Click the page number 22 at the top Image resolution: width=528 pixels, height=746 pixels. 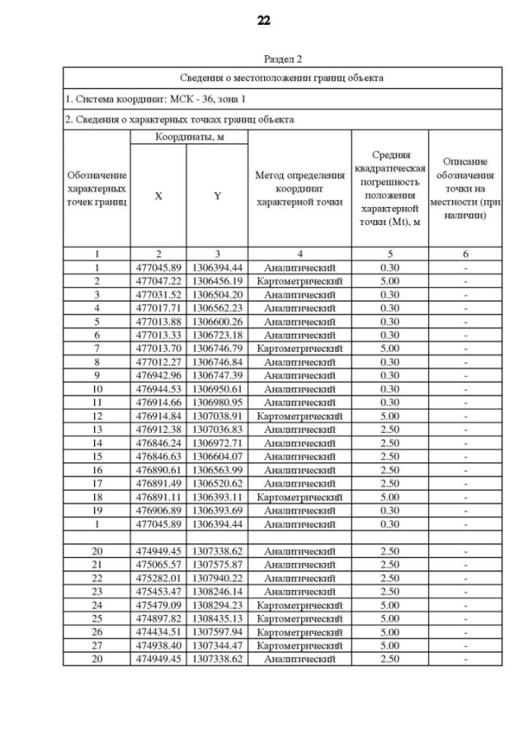coord(264,21)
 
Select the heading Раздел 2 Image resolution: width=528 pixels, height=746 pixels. coord(283,59)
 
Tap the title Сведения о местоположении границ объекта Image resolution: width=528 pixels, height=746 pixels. coord(282,78)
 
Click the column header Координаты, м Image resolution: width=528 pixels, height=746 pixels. coord(189,137)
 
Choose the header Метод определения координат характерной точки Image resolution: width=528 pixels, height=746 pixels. coord(299,188)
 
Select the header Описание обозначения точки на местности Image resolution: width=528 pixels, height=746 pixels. coord(465,188)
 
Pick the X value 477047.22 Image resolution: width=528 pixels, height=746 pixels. coord(158,281)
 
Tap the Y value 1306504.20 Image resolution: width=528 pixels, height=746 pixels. coord(217,294)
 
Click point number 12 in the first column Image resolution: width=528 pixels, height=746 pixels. coord(97,416)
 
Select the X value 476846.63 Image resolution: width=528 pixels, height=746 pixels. coord(158,457)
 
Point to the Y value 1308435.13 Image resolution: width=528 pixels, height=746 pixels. coord(217,618)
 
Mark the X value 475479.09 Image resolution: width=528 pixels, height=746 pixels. coord(158,605)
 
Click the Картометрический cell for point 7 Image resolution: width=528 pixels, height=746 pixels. coord(299,349)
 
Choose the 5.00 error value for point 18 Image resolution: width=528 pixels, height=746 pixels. coord(389,497)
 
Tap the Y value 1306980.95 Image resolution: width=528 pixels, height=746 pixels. coord(217,402)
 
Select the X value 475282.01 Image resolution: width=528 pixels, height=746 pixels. coord(158,578)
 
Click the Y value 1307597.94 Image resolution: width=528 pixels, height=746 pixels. coord(217,632)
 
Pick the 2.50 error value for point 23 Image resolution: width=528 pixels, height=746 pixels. coord(389,591)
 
